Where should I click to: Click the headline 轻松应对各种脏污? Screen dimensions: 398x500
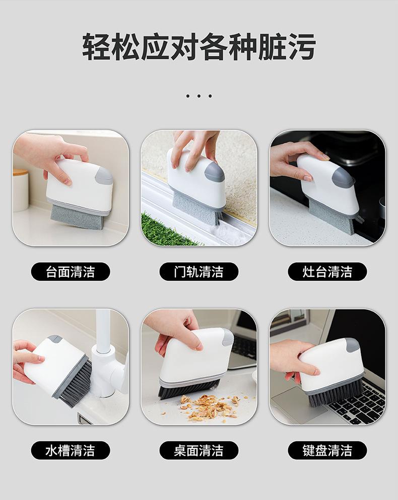click(198, 47)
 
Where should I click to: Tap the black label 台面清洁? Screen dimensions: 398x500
click(70, 272)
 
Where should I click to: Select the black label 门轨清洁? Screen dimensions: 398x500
click(198, 272)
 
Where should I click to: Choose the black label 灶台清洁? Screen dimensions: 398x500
click(327, 272)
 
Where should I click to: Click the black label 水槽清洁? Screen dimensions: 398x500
click(70, 450)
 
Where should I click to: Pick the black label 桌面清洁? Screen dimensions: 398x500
click(198, 450)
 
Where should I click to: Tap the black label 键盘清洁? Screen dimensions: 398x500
click(327, 450)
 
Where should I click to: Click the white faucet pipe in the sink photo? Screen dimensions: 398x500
click(104, 351)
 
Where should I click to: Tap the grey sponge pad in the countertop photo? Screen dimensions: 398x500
click(77, 217)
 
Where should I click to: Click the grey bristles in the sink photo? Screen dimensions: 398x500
click(76, 383)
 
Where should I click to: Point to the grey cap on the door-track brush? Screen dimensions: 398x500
click(215, 171)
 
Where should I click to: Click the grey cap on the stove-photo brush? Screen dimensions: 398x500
click(343, 178)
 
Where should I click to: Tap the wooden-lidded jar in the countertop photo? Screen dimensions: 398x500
click(21, 190)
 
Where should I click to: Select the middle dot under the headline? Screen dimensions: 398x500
click(198, 96)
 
